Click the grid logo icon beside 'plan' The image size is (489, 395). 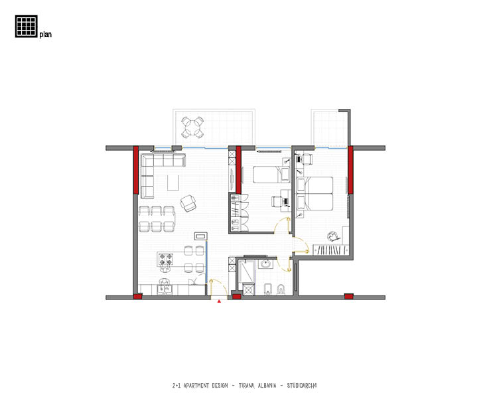26,26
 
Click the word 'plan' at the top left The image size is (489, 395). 46,35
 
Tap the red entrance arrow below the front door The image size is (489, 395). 219,301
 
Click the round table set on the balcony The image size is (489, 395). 192,127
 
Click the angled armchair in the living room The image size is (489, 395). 188,203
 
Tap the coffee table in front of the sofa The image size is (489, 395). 173,183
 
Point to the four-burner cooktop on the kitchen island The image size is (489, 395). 166,260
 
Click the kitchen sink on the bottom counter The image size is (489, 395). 165,289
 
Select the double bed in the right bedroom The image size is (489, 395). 314,193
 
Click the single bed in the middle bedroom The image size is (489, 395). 271,175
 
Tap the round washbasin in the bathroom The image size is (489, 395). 265,264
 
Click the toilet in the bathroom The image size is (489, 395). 281,289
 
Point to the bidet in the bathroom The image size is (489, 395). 268,289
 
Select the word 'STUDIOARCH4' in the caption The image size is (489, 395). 302,386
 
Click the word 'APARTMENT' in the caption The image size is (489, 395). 196,386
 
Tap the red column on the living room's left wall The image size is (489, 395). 136,170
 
